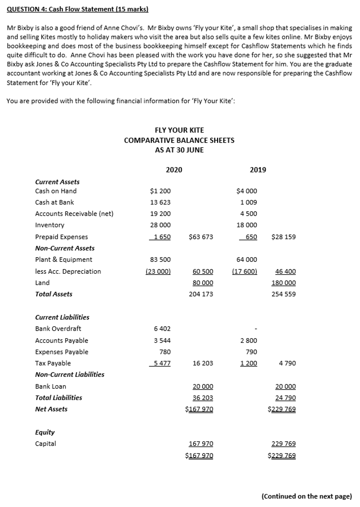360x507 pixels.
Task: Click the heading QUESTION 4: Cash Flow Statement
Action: tap(78, 9)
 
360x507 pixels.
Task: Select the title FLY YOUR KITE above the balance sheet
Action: tap(179, 130)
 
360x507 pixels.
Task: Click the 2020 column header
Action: tap(174, 170)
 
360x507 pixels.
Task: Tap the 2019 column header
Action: tap(258, 170)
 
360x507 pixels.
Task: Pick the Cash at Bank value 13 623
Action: tap(160, 202)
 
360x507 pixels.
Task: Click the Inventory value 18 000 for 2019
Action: tap(247, 225)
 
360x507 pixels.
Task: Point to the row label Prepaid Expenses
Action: tap(61, 237)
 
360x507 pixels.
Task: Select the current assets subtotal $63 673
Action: tap(201, 237)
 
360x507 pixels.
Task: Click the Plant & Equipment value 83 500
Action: tap(160, 259)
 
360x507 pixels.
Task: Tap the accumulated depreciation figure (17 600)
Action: tap(244, 271)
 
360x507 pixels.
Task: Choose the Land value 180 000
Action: tap(283, 283)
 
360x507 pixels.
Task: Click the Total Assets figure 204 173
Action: tap(201, 294)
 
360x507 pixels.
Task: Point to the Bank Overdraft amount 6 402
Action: tap(162, 328)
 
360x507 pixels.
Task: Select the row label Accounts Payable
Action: tap(62, 340)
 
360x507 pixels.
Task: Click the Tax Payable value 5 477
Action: tap(162, 363)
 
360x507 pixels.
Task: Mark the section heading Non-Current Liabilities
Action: tap(70, 374)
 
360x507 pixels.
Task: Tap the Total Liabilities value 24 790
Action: tap(285, 398)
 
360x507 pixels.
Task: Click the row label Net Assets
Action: tap(51, 409)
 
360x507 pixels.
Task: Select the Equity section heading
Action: tap(45, 432)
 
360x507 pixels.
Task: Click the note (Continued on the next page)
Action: tap(307, 496)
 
